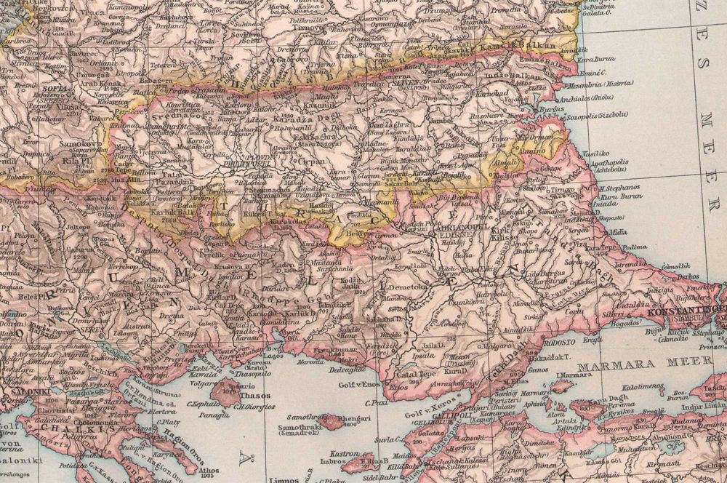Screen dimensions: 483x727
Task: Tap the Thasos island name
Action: point(255,396)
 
